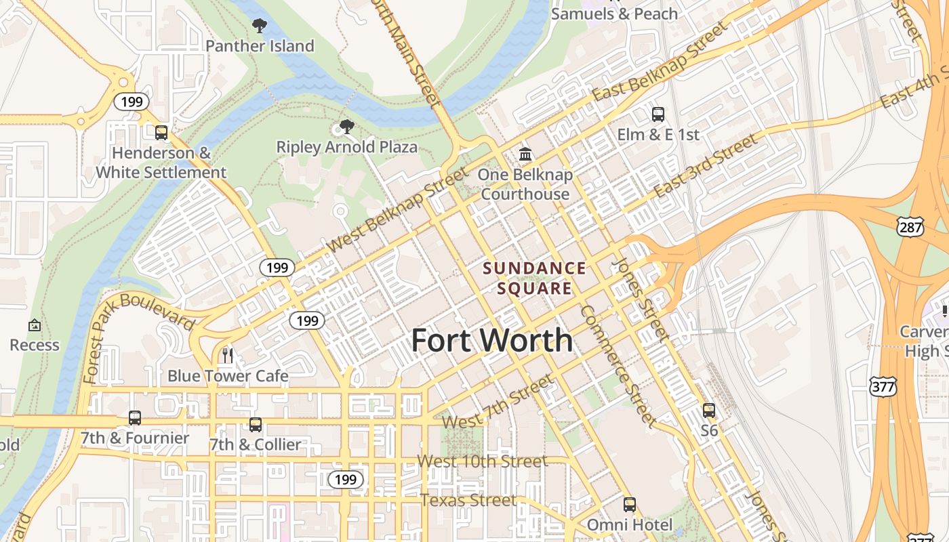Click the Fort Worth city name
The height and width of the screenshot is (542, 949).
point(492,340)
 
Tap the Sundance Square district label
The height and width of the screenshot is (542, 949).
point(534,278)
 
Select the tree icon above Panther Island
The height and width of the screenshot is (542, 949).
point(259,26)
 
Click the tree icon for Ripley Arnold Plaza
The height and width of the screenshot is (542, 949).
point(347,127)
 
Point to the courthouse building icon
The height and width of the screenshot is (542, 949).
point(525,154)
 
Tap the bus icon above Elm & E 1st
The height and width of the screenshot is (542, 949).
point(658,114)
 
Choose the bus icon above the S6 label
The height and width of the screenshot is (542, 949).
point(709,410)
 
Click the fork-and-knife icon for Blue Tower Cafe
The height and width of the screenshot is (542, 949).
point(228,355)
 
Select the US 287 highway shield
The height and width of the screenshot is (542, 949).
point(910,228)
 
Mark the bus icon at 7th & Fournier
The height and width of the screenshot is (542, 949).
point(135,417)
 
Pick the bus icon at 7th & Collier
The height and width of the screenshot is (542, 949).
point(256,424)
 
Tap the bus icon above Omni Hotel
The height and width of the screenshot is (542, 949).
point(630,504)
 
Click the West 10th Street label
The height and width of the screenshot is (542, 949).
point(482,462)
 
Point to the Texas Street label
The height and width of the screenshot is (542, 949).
point(468,501)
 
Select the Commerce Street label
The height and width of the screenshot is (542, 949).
point(618,367)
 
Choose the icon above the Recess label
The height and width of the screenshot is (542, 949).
point(35,326)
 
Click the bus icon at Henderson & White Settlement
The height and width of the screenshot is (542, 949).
point(161,133)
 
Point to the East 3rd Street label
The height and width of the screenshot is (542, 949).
point(705,166)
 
